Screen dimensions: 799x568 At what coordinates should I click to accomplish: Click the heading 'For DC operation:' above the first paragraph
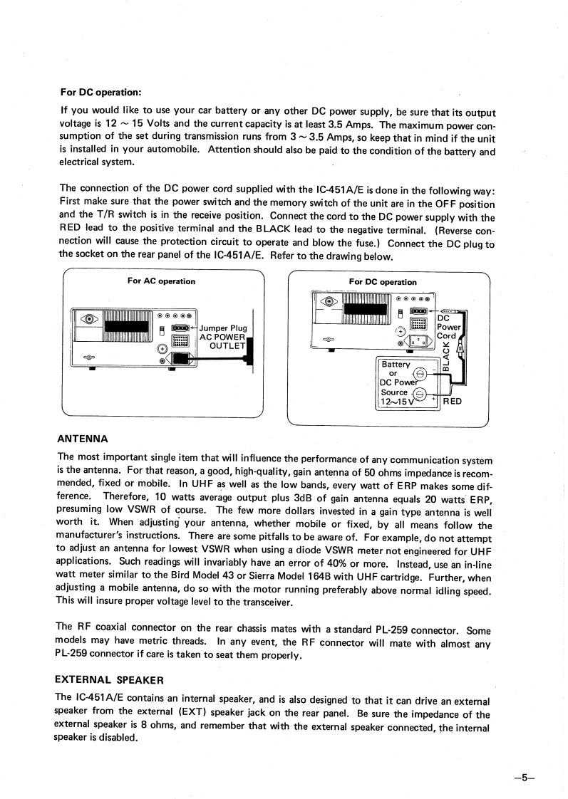pyautogui.click(x=100, y=93)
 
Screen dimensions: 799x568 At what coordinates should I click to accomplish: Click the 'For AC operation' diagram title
pyautogui.click(x=161, y=281)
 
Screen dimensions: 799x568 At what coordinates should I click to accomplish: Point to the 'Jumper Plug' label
pyautogui.click(x=224, y=328)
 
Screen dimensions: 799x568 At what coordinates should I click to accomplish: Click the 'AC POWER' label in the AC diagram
pyautogui.click(x=223, y=338)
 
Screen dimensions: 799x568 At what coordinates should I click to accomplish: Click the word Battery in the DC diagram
pyautogui.click(x=397, y=364)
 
